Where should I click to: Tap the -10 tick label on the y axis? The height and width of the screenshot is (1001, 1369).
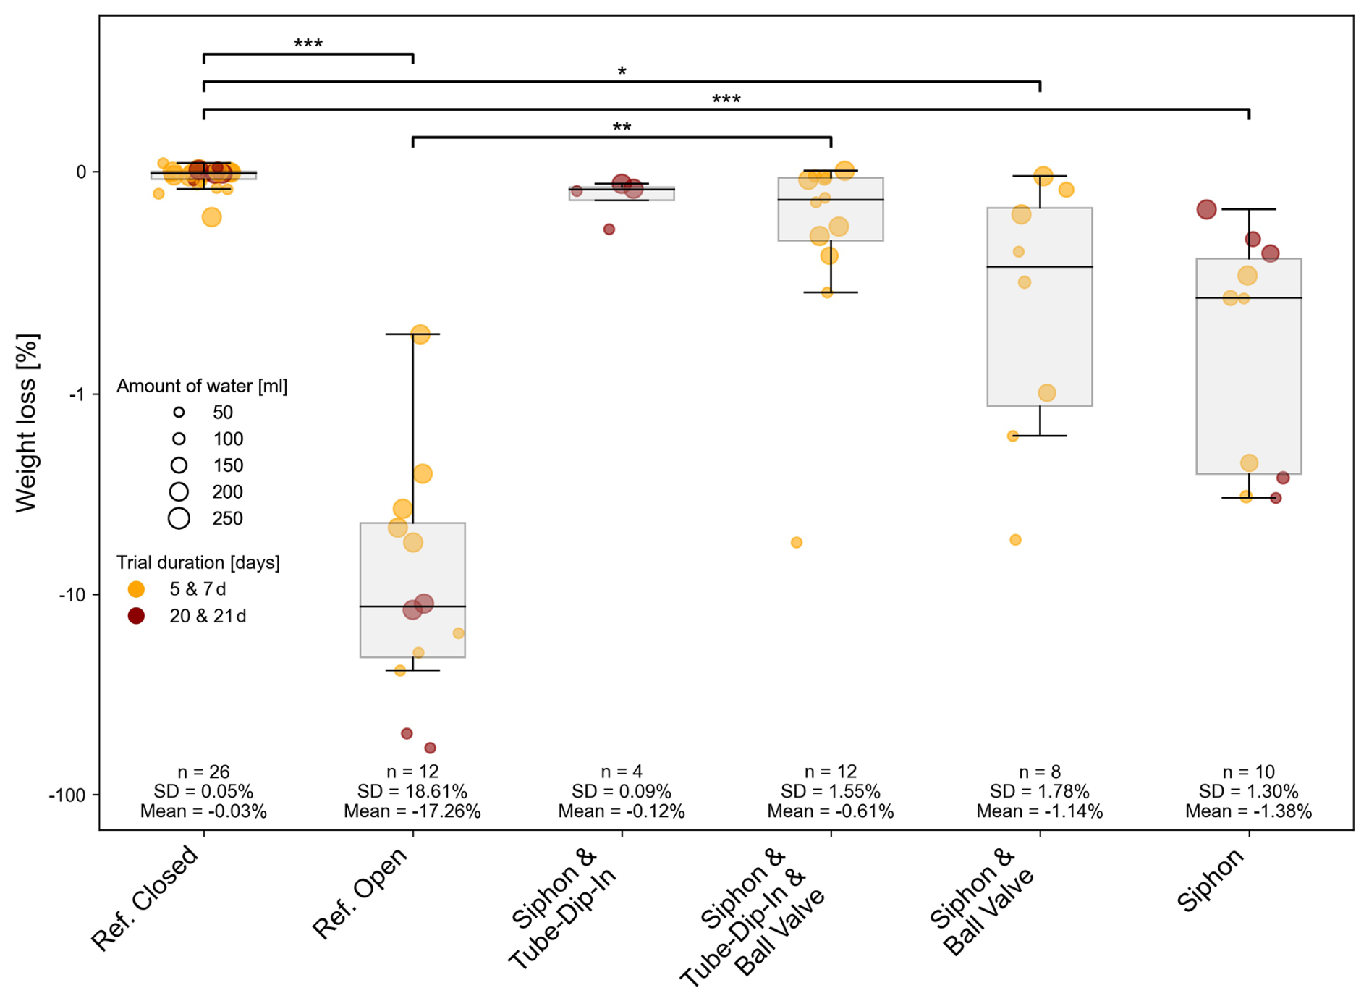coord(72,595)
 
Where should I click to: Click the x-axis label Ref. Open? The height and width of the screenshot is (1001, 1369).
coord(360,893)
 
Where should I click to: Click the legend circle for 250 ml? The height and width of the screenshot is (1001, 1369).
coord(179,518)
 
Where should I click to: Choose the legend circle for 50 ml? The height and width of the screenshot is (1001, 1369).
coord(179,413)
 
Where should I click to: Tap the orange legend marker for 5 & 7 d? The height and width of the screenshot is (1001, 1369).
coord(136,589)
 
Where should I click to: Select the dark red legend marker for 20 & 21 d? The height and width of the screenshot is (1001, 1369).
coord(136,616)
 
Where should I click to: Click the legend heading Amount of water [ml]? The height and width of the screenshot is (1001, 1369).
coord(202,387)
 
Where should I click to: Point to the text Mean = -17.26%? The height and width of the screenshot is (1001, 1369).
coord(412,811)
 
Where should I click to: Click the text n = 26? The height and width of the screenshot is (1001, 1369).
coord(203,772)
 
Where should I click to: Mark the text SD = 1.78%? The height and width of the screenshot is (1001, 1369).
coord(1040,792)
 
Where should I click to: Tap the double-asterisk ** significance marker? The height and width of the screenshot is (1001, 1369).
coord(622,128)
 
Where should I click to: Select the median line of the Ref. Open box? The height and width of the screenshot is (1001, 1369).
coord(412,607)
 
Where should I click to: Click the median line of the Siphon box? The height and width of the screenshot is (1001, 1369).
coord(1249,298)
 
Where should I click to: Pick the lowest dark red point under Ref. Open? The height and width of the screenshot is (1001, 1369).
coord(430,748)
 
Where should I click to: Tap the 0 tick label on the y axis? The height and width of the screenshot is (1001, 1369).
coord(82,172)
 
